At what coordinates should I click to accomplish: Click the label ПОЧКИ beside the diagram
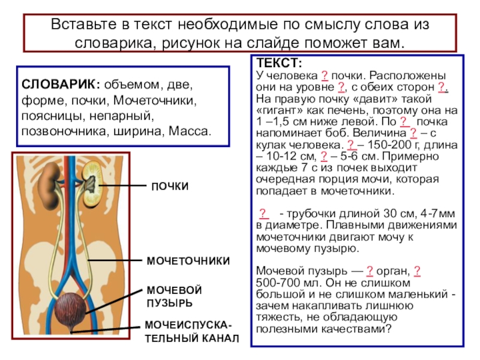(169, 187)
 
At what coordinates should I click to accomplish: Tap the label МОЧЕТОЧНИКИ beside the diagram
(188, 261)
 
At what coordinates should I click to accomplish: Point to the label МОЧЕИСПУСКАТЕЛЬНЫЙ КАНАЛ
(191, 332)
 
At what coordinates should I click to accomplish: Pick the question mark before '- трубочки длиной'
(263, 214)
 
